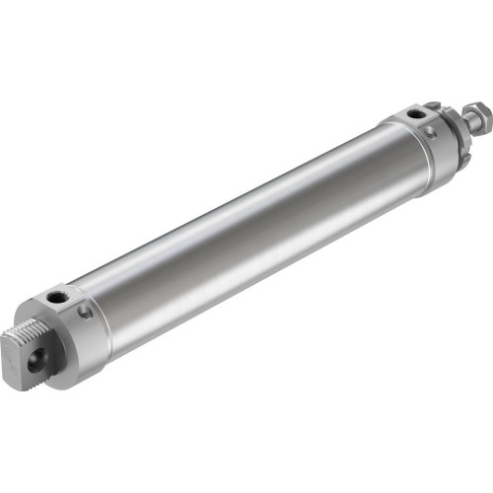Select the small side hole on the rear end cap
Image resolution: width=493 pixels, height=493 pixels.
click(87, 313)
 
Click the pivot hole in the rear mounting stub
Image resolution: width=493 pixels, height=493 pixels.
click(40, 350)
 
